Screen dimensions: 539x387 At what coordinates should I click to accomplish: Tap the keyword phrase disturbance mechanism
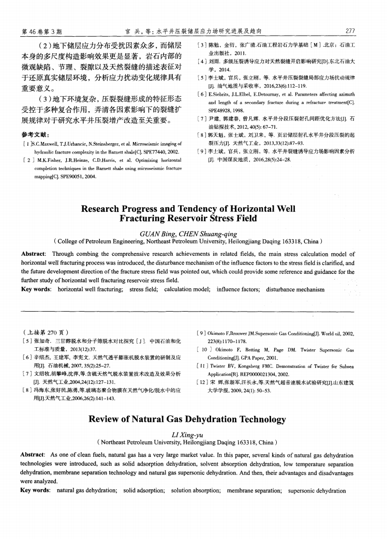point(295,290)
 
